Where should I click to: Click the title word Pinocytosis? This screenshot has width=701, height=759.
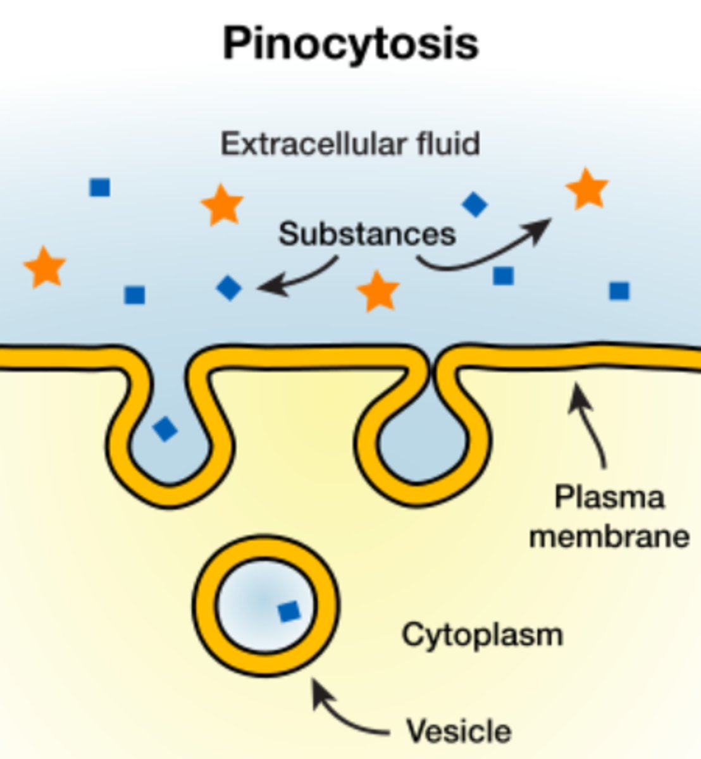350,44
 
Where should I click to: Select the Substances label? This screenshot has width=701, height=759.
367,233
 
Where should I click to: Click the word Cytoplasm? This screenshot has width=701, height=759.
482,634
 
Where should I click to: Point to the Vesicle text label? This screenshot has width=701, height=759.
459,731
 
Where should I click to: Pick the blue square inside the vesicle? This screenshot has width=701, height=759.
289,612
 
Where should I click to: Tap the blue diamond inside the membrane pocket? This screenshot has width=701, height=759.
165,428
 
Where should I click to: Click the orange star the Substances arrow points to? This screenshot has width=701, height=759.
587,188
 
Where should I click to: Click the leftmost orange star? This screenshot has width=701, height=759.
45,266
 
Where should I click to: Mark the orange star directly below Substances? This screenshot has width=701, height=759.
378,291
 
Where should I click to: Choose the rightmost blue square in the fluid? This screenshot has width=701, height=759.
619,290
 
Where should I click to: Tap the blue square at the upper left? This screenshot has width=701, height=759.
100,187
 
